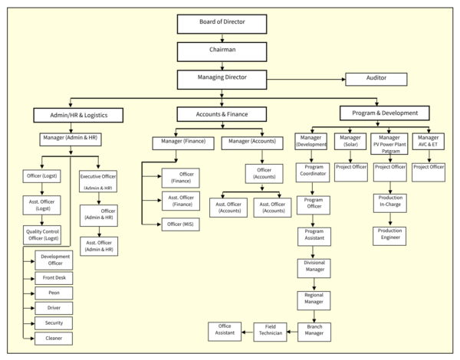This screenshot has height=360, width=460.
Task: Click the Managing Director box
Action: [222, 78]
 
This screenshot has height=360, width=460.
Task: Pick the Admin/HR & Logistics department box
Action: [80, 115]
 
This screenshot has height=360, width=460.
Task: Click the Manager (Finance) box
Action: [182, 142]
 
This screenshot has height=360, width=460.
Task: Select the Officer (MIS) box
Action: [182, 224]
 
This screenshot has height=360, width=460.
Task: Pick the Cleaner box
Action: [54, 337]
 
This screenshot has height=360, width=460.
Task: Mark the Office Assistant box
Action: [225, 331]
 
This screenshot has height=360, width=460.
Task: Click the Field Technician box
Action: [270, 331]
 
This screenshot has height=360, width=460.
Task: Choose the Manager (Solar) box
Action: [350, 142]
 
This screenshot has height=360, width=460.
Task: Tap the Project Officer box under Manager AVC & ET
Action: [429, 167]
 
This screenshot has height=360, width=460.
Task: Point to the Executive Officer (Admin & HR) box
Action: [97, 181]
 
